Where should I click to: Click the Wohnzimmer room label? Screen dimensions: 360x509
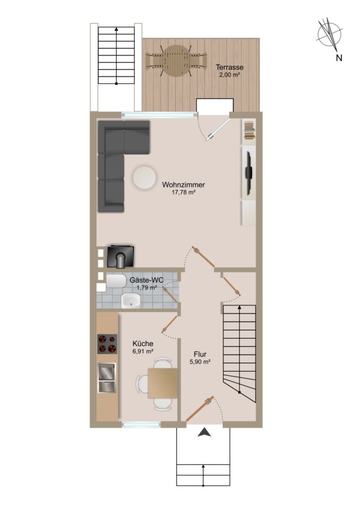tap(183, 185)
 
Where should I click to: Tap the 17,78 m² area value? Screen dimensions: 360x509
tap(183, 192)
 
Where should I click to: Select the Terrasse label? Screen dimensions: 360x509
tap(230, 67)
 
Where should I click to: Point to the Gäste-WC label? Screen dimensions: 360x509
tap(147, 280)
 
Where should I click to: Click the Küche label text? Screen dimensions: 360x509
tap(143, 343)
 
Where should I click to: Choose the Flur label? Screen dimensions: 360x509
tap(200, 355)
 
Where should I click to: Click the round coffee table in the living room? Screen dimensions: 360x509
tap(144, 178)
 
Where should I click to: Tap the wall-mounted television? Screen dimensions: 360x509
tap(249, 173)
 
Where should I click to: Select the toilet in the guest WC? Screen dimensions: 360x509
tap(116, 281)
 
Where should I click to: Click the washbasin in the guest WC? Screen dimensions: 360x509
tap(131, 300)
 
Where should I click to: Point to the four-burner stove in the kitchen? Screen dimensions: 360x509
tap(108, 344)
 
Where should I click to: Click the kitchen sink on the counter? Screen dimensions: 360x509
tap(107, 378)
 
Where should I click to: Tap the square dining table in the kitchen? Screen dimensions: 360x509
tap(163, 383)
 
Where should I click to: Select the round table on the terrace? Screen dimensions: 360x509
tap(177, 61)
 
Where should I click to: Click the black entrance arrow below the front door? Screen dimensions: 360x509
tap(204, 432)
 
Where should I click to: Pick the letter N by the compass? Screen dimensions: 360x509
tap(339, 58)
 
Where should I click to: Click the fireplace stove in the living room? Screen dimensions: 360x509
tap(120, 256)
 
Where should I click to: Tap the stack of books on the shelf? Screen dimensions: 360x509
tap(249, 130)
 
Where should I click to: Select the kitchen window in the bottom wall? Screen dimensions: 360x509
tap(142, 424)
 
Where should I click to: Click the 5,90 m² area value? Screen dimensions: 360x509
tap(200, 361)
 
